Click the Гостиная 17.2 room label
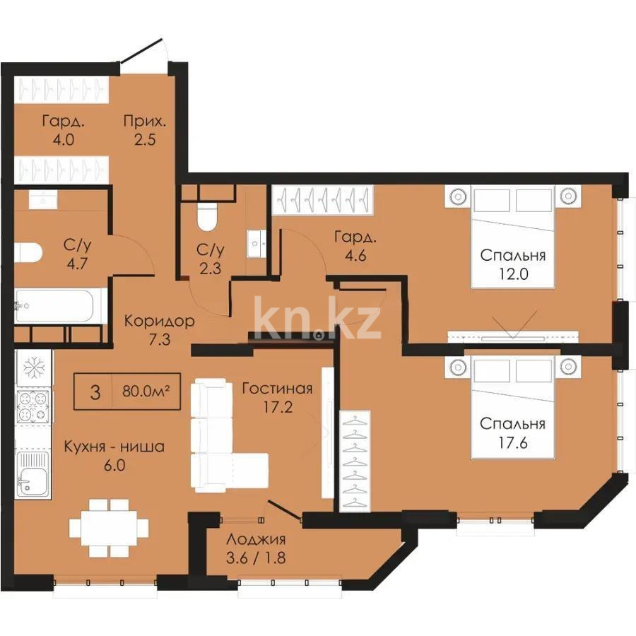(276, 398)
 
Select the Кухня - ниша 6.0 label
(114, 456)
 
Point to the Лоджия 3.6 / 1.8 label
(256, 548)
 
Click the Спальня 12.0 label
(513, 264)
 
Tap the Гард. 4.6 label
(351, 247)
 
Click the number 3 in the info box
(94, 391)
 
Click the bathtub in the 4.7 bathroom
(61, 306)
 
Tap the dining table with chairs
(109, 526)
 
